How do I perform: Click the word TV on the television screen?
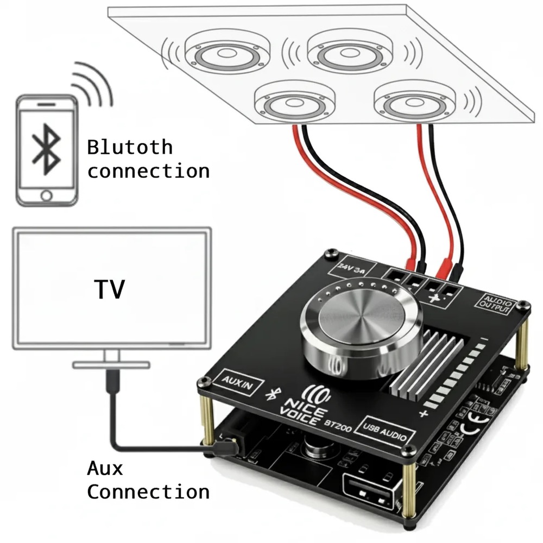[x=109, y=289]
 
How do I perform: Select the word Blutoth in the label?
[x=130, y=147]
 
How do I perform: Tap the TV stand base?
[x=111, y=365]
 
